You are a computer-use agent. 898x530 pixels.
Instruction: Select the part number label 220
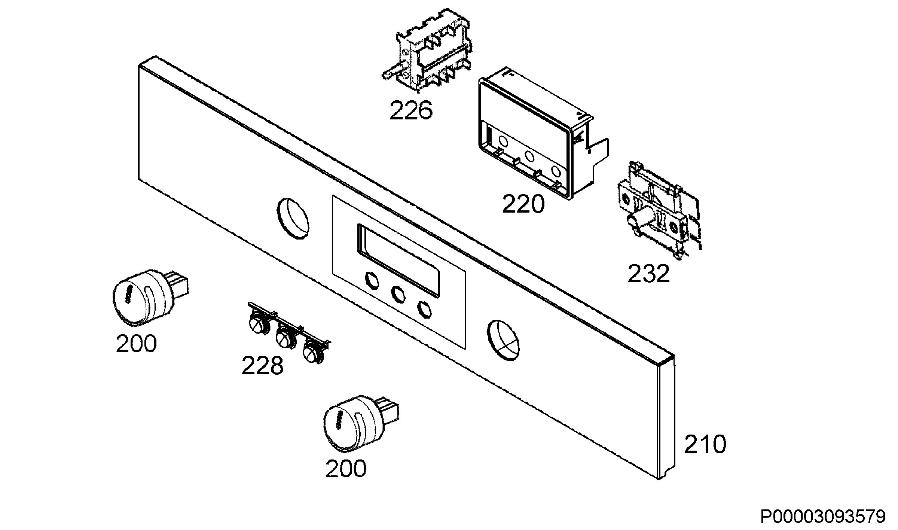coord(523,204)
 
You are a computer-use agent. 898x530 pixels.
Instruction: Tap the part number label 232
coord(648,274)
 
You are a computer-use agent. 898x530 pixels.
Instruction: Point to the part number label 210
coord(705,444)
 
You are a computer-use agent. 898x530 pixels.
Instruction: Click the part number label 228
coord(262,365)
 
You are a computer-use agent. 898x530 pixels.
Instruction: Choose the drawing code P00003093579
coord(823,517)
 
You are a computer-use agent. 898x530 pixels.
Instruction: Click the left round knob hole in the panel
coord(294,219)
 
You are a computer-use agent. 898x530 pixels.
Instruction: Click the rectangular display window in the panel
coord(398,261)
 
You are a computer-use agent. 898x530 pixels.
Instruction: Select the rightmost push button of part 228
coord(312,352)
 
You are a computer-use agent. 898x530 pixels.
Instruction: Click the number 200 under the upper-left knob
coord(136,343)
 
